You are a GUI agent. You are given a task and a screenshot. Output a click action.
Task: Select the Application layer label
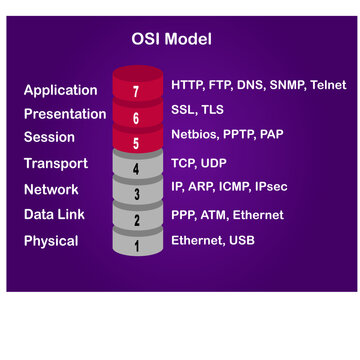(61, 90)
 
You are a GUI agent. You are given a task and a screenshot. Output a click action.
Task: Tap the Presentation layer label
(64, 114)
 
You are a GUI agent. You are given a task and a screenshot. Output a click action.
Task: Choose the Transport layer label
(56, 163)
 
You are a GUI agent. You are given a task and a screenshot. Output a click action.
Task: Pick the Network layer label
(52, 189)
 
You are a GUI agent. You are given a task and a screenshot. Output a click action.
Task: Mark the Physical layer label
(51, 240)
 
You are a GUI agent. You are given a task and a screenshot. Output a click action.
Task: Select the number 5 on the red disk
(137, 144)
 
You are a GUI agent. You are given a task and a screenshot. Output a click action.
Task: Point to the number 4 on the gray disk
(137, 169)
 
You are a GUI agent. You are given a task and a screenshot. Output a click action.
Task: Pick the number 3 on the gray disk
(137, 195)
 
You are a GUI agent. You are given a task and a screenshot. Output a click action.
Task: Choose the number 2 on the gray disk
(137, 220)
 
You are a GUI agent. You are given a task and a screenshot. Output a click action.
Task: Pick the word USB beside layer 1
(243, 240)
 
